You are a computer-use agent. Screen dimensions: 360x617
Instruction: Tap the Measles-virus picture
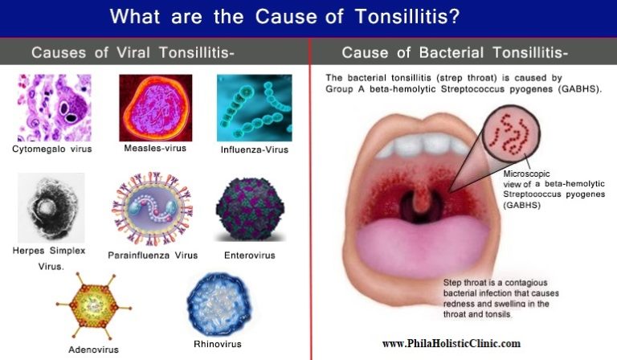coord(155,108)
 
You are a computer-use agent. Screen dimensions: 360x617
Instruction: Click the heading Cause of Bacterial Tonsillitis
coord(455,53)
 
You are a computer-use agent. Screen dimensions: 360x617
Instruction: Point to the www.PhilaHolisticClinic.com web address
coord(451,343)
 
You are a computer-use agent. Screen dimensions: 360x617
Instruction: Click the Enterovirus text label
coord(250,255)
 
